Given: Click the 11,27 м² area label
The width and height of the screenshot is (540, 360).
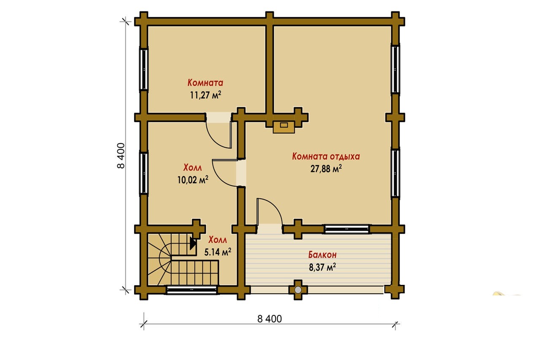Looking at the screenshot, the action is (x=205, y=95).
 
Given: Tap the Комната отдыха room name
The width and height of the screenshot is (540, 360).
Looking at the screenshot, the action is (x=326, y=156).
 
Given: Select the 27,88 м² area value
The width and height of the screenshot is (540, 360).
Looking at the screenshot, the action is (x=326, y=168).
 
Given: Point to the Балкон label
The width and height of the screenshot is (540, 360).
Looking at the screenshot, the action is (x=322, y=254).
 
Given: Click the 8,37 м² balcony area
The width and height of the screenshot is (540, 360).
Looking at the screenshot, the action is (x=322, y=267).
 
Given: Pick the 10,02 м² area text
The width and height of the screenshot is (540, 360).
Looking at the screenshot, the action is (x=193, y=180).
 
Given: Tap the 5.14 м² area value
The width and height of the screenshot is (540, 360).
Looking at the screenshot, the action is (x=218, y=252).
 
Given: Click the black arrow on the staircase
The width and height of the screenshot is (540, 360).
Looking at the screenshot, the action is (x=193, y=243).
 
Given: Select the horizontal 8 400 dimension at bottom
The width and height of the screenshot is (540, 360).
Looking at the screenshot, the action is (x=270, y=319).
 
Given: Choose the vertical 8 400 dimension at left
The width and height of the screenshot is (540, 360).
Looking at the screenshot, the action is (x=121, y=156).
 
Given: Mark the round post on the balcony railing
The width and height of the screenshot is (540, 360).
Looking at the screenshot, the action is (x=298, y=290).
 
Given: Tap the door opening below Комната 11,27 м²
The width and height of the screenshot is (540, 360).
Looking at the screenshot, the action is (x=219, y=117).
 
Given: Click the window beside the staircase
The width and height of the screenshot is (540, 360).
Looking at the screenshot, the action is (x=192, y=290).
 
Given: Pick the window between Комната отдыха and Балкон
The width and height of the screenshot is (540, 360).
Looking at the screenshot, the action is (x=347, y=229).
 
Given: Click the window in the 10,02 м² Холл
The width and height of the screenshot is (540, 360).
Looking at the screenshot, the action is (x=144, y=173).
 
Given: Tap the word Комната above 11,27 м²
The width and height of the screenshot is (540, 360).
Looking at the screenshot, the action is (x=205, y=83).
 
